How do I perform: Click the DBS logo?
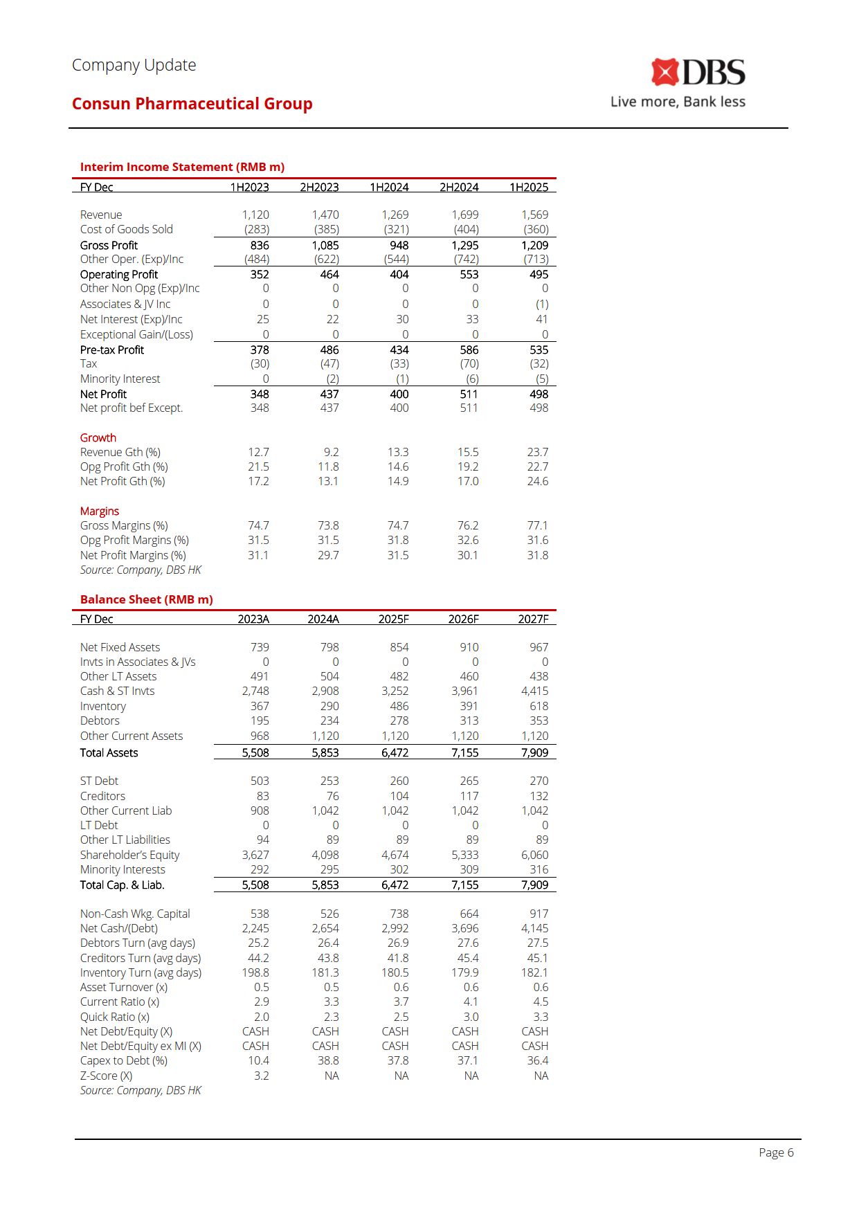tap(698, 73)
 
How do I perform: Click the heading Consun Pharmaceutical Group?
tap(192, 104)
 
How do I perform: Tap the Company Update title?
tap(134, 65)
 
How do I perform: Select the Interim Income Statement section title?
tap(182, 167)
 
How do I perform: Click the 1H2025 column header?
tap(529, 187)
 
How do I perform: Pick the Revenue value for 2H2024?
tap(465, 215)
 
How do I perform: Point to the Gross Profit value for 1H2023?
tap(260, 245)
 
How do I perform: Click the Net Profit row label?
tap(103, 394)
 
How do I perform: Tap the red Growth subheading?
tap(98, 437)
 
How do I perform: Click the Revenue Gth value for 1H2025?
tap(537, 452)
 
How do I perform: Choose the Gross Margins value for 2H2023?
tap(328, 525)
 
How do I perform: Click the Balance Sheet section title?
tap(146, 599)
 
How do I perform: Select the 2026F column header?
tap(463, 619)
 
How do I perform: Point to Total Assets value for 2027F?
tap(534, 752)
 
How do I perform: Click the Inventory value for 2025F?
tap(399, 706)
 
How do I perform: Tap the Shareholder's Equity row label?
tap(129, 855)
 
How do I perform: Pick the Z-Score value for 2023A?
tap(261, 1076)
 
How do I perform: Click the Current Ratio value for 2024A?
tap(331, 1002)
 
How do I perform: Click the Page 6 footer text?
tap(776, 1152)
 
